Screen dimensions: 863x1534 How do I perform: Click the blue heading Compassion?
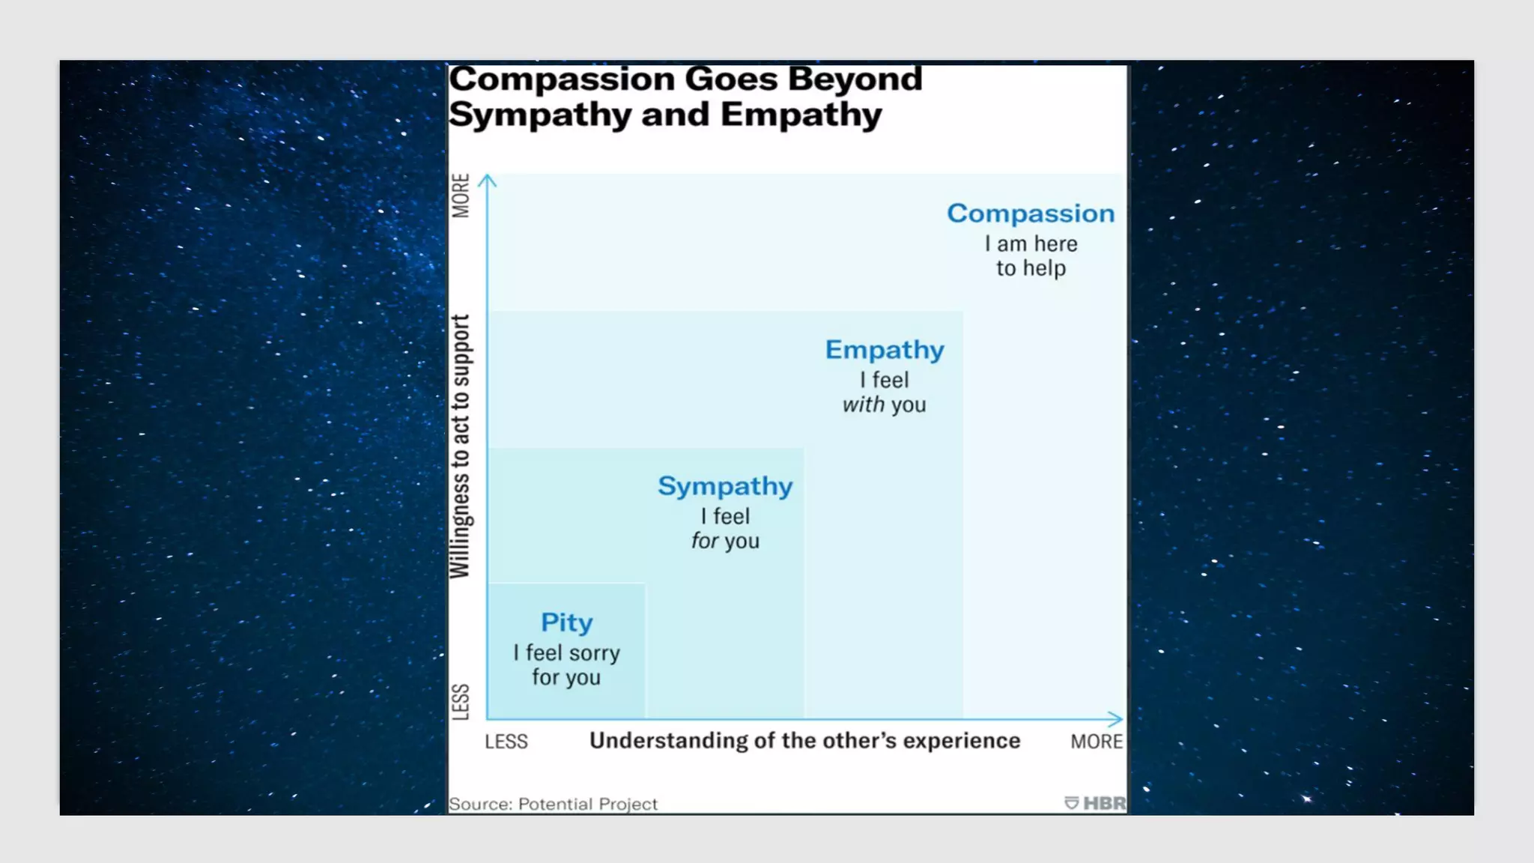click(x=1031, y=214)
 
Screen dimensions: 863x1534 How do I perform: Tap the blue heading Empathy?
click(x=885, y=350)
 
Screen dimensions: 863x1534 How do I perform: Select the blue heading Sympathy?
click(x=725, y=486)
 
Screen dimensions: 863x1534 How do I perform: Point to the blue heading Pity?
click(x=567, y=623)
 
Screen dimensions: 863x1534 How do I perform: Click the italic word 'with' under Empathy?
click(x=864, y=405)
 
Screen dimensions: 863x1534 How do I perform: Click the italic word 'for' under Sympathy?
click(x=704, y=541)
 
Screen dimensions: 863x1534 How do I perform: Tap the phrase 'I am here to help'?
click(x=1031, y=256)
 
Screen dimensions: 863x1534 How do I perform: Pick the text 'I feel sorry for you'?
click(x=567, y=665)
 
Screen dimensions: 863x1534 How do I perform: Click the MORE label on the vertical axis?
click(x=461, y=196)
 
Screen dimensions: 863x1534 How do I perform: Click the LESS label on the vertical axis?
click(x=461, y=702)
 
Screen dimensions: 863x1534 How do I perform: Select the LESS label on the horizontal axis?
click(x=506, y=742)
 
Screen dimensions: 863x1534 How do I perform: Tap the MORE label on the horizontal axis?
click(x=1096, y=742)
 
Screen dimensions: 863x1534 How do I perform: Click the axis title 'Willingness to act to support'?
click(x=460, y=446)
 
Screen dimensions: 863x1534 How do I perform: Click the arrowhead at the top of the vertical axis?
click(x=488, y=181)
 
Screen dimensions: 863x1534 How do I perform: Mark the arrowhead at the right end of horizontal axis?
click(x=1115, y=719)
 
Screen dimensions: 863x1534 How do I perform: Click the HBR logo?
click(x=1095, y=803)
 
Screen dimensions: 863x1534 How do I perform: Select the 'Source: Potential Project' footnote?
click(x=553, y=804)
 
